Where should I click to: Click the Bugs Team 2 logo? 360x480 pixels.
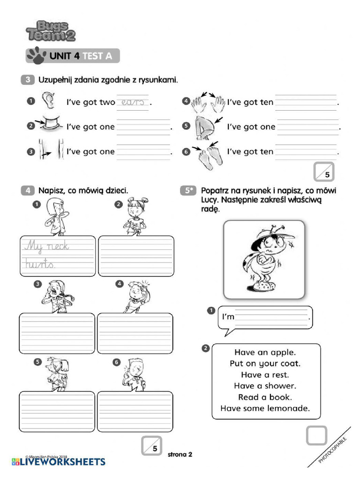point(51,31)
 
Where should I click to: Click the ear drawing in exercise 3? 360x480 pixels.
point(48,100)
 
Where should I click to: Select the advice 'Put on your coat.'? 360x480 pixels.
point(265,363)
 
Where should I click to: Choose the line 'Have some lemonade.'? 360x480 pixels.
point(265,408)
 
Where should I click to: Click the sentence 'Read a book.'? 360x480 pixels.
point(265,397)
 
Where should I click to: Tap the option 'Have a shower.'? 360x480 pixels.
point(265,386)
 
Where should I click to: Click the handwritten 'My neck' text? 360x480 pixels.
point(46,246)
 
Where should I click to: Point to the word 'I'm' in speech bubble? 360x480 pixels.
point(228,317)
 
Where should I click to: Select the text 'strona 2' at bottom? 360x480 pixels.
point(180,454)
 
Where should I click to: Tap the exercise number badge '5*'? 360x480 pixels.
point(187,191)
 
